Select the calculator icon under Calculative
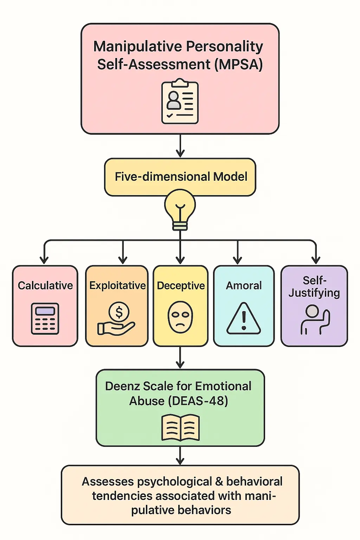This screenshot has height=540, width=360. [45, 319]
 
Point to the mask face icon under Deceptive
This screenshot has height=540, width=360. [180, 317]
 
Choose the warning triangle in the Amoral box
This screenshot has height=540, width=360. [244, 318]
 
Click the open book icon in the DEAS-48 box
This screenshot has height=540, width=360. [180, 427]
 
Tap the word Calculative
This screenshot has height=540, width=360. [45, 285]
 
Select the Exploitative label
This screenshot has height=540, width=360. [117, 285]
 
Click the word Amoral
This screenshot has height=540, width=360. [244, 285]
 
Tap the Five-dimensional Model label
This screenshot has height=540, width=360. [181, 176]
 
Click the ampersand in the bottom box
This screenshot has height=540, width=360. [219, 482]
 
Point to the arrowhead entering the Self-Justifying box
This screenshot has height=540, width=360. [316, 260]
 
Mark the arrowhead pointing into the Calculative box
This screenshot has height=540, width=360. [44, 260]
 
